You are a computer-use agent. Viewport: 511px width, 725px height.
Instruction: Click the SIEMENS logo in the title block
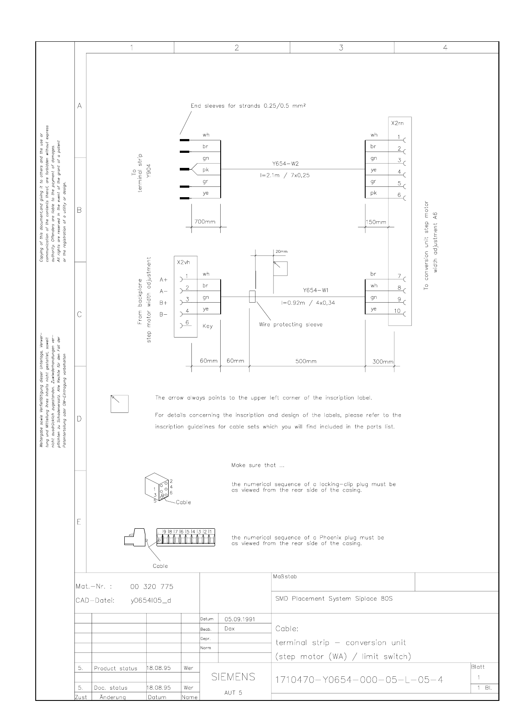[x=233, y=677]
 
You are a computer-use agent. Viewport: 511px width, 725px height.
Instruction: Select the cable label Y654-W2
[x=286, y=164]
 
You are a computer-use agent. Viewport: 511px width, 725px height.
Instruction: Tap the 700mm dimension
[x=205, y=222]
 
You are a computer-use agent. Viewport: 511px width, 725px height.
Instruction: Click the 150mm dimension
[x=376, y=222]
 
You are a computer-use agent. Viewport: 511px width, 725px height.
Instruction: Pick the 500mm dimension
[x=306, y=361]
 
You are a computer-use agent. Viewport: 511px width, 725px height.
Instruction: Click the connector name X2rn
[x=397, y=123]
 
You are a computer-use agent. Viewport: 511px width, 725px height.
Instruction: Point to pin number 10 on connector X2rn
[x=397, y=311]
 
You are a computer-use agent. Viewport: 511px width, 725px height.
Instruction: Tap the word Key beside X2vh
[x=207, y=326]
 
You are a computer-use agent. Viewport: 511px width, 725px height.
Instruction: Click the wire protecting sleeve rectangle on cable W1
[x=252, y=297]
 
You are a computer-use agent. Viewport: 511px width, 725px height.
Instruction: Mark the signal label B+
[x=163, y=303]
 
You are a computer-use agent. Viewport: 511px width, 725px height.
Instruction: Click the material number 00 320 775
[x=151, y=586]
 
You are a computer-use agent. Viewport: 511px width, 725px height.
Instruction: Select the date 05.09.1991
[x=240, y=619]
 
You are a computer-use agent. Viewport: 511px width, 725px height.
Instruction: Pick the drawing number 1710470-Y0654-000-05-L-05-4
[x=359, y=680]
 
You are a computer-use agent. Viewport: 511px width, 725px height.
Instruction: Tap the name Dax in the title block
[x=230, y=629]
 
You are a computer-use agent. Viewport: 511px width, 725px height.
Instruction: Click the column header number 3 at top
[x=341, y=48]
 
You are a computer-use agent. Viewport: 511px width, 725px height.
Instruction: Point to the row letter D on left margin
[x=79, y=419]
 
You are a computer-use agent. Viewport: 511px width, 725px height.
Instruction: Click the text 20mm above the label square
[x=281, y=251]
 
